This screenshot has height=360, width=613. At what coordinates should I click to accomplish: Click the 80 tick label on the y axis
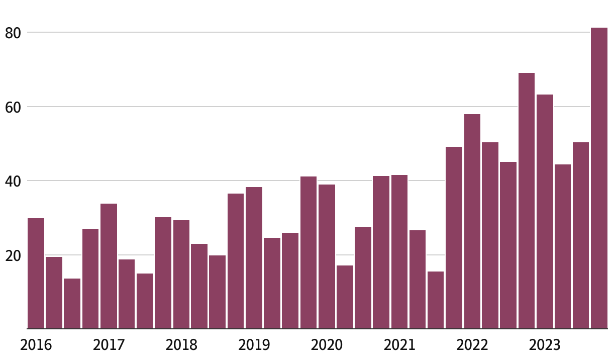pos(13,33)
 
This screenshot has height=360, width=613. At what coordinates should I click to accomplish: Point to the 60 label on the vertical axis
pos(13,107)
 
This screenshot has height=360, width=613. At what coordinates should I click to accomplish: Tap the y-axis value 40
pos(13,181)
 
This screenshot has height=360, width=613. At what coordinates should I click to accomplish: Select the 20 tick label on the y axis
pos(13,255)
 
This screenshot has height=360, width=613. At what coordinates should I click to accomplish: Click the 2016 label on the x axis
pos(36,345)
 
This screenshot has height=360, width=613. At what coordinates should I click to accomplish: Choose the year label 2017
pos(109,345)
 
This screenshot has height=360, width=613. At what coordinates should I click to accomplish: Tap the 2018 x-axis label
pos(181,345)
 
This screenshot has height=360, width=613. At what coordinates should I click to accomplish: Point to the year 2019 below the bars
pos(254,345)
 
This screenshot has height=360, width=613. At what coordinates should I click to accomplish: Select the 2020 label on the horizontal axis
pos(327,345)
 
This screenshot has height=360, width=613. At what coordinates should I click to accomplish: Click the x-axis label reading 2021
pos(399,345)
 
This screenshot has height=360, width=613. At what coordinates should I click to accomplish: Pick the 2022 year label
pos(472,345)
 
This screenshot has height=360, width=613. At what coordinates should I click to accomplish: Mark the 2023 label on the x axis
pos(545,345)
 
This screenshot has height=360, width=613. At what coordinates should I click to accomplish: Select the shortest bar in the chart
pos(72,304)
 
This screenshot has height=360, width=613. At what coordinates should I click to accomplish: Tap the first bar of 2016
pos(36,274)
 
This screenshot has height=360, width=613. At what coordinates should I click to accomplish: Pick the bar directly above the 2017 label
pos(109,266)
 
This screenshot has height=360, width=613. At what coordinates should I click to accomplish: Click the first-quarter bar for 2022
pos(472,222)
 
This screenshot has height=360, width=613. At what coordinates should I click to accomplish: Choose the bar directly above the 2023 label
pos(545,212)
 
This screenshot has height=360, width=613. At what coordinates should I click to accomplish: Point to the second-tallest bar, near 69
pos(527,201)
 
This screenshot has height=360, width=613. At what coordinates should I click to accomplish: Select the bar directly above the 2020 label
pos(327,256)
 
